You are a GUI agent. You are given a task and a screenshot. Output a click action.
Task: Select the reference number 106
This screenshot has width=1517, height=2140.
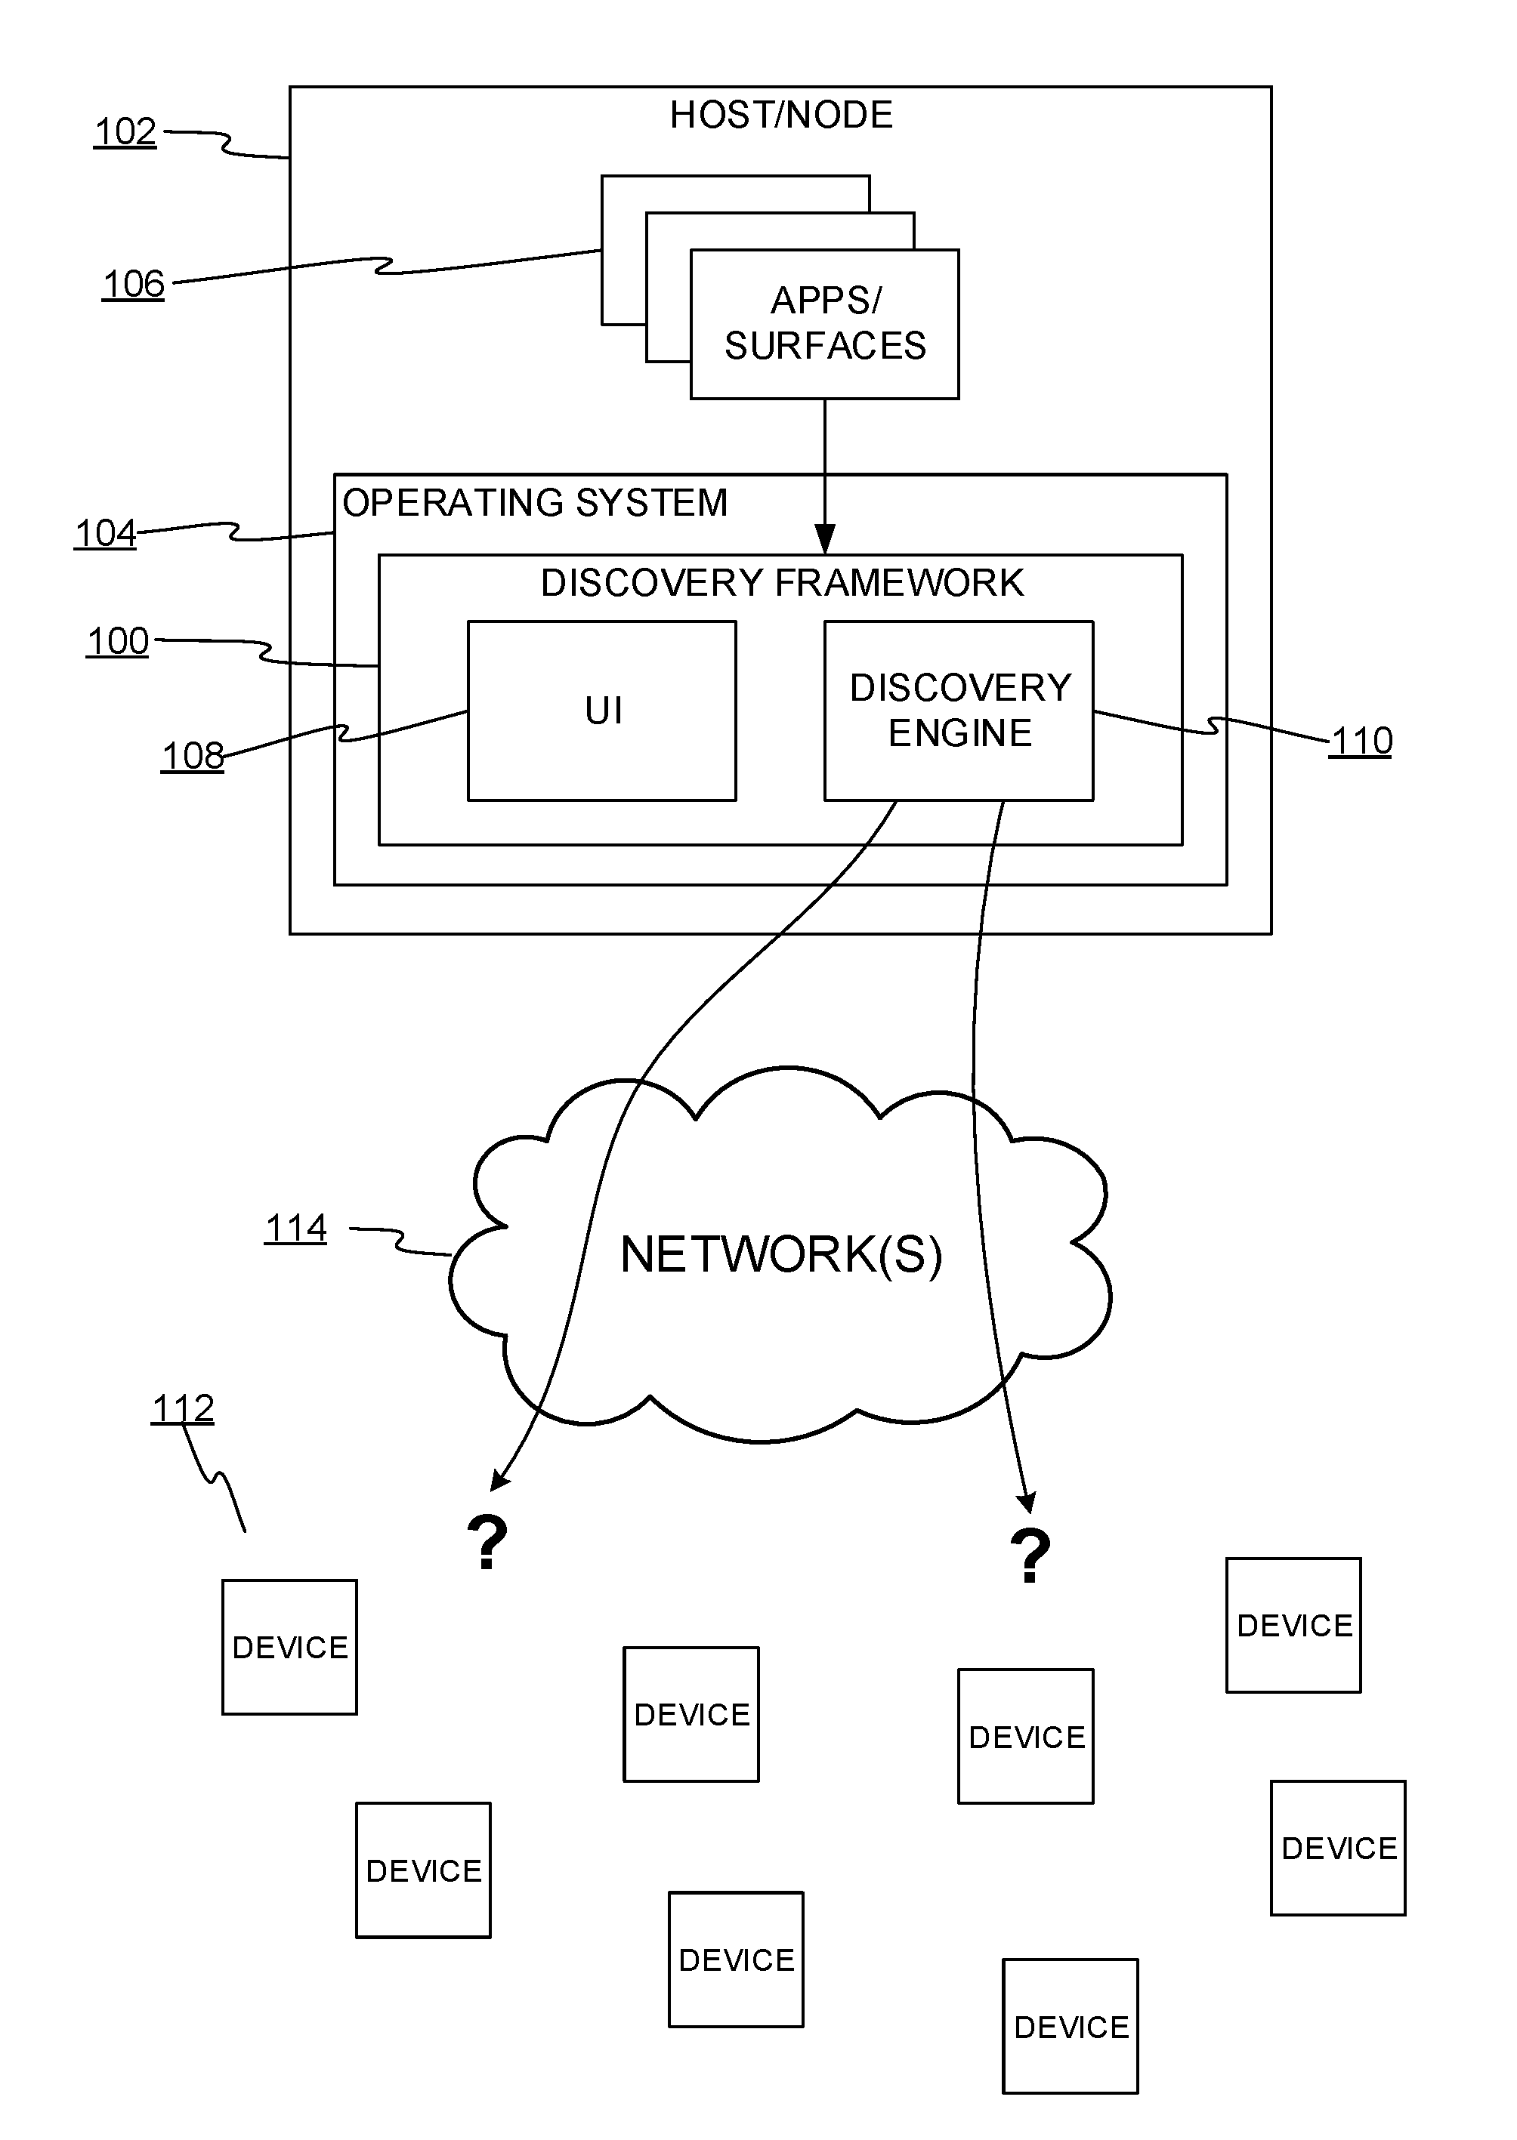tap(134, 284)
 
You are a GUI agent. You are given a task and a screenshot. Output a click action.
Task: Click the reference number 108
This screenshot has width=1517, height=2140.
tap(193, 755)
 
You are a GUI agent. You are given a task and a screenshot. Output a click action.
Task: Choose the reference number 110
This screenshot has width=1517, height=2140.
tap(1361, 742)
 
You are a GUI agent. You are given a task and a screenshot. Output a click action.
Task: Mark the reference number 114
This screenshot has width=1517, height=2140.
tap(296, 1228)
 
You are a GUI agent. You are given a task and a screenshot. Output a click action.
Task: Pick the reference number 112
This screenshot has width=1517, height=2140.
tap(183, 1408)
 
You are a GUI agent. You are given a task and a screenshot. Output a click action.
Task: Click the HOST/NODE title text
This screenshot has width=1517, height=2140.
tap(781, 115)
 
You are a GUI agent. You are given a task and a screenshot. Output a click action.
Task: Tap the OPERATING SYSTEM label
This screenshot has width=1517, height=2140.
tap(535, 503)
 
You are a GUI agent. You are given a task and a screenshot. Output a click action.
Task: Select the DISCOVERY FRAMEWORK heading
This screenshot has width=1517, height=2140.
tap(782, 583)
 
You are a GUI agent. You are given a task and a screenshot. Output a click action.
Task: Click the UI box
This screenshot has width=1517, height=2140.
tap(603, 711)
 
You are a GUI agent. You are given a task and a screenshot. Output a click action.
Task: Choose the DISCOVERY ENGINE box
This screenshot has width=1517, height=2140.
tap(959, 711)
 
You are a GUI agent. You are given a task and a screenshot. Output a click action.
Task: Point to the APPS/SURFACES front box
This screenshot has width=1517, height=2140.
tap(825, 324)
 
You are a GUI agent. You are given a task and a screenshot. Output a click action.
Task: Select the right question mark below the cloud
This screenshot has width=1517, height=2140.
tap(1030, 1556)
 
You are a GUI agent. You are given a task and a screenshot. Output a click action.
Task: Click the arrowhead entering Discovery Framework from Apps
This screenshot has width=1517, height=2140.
tap(825, 541)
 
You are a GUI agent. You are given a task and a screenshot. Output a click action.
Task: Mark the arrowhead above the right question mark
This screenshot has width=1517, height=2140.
tap(1027, 1502)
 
